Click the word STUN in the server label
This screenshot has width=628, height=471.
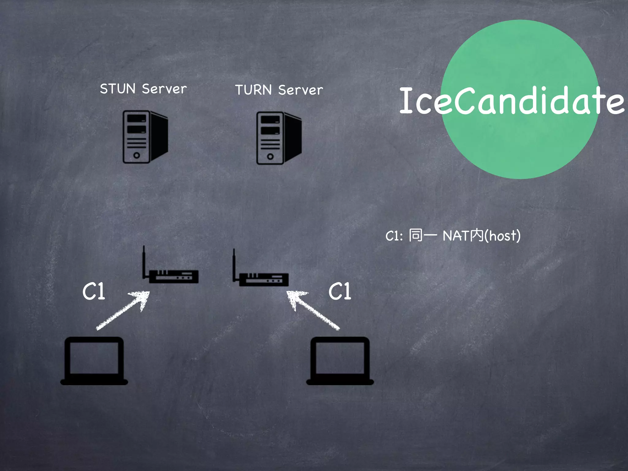pos(118,89)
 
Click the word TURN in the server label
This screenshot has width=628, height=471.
pos(253,90)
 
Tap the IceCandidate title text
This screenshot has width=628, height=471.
pos(511,101)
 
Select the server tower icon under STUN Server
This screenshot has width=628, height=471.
pos(145,137)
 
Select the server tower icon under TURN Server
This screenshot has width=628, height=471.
pos(279,138)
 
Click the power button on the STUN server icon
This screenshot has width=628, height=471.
pos(136,155)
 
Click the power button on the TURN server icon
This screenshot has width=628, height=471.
pos(270,157)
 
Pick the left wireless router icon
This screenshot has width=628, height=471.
pos(173,276)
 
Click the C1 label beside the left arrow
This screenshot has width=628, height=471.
pos(94,291)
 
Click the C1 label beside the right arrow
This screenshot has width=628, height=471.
pos(340,291)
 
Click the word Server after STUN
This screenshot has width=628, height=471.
pos(164,89)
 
